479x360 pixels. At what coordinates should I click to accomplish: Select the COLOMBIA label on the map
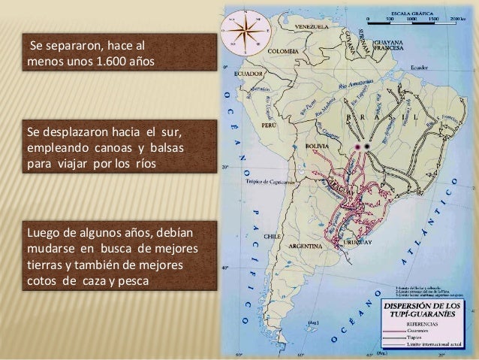pos(285,51)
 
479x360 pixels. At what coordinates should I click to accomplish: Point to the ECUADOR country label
pos(248,74)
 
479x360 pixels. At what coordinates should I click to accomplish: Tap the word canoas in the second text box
pos(101,147)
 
